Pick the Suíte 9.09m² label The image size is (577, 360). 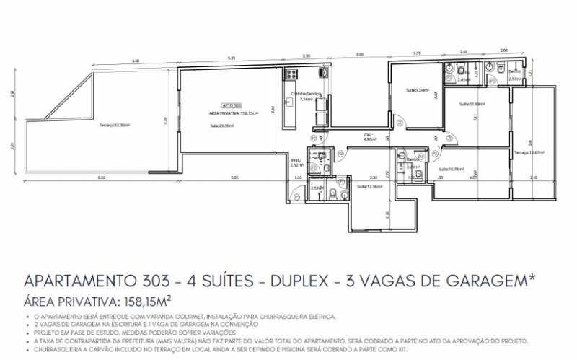tap(416, 90)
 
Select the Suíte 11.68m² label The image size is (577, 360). tap(472, 104)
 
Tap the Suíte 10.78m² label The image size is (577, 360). tap(450, 169)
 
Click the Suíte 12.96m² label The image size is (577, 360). tap(369, 186)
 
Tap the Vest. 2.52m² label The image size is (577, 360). tap(296, 162)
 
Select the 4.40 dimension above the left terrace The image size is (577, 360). tap(136, 61)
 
